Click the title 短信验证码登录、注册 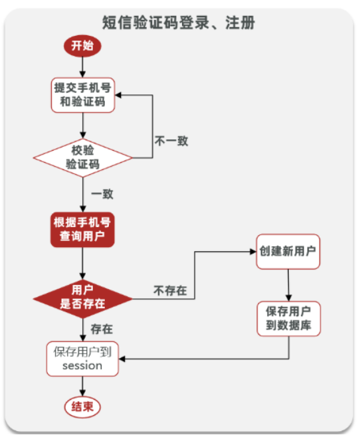click(179, 22)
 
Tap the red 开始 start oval click(82, 46)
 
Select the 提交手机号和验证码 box click(82, 94)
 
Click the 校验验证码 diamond click(82, 156)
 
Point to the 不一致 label click(171, 141)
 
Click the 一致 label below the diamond click(102, 194)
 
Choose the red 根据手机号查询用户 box click(82, 229)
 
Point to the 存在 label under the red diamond click(102, 328)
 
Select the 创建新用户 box click(288, 252)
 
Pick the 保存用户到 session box click(82, 359)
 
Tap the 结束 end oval click(82, 406)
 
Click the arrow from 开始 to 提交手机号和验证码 click(82, 66)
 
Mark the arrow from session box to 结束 click(82, 386)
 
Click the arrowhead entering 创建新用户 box click(252, 252)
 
